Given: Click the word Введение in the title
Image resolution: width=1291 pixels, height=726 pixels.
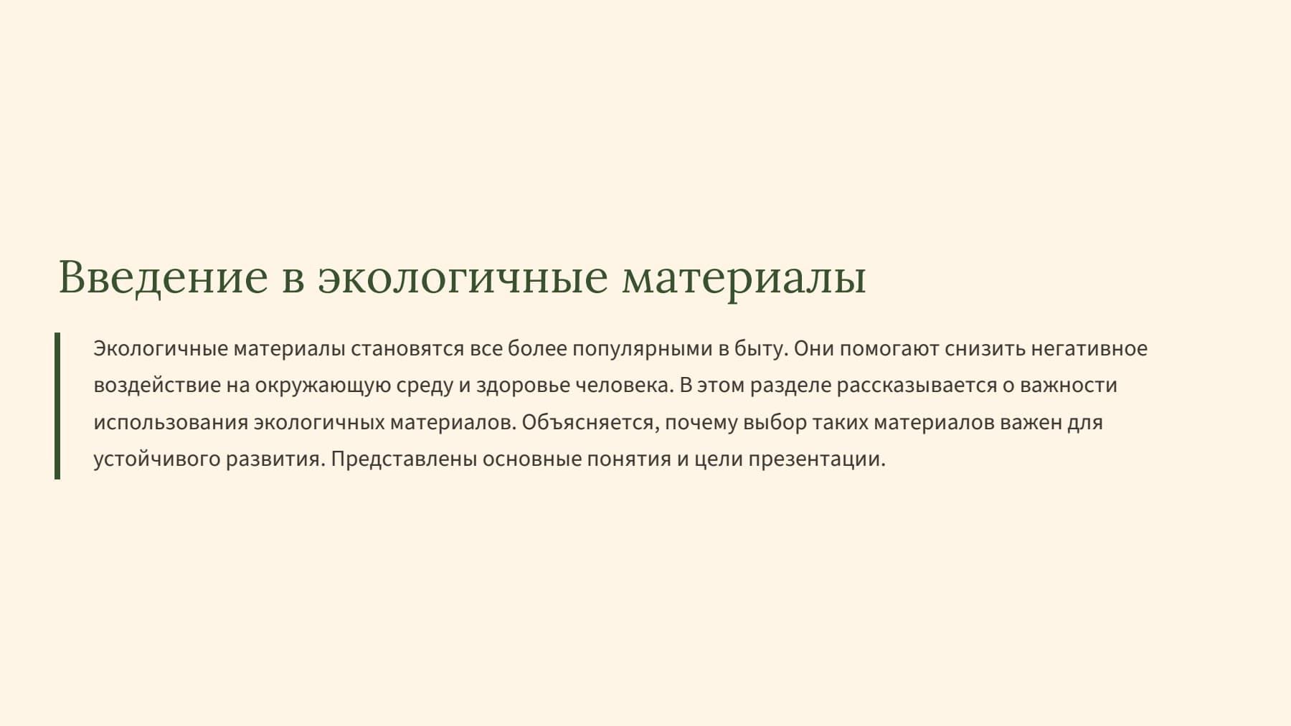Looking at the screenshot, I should pyautogui.click(x=163, y=277).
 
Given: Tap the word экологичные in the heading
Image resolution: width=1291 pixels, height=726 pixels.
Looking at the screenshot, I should pyautogui.click(x=463, y=278).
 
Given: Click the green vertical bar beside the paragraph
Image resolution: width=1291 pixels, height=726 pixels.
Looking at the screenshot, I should pyautogui.click(x=57, y=406).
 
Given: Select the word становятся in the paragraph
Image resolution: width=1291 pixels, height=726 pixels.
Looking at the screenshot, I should pyautogui.click(x=407, y=349).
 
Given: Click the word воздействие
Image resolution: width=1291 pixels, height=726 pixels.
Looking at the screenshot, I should pyautogui.click(x=157, y=386).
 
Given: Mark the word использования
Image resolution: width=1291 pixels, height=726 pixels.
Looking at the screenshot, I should pyautogui.click(x=171, y=423).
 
